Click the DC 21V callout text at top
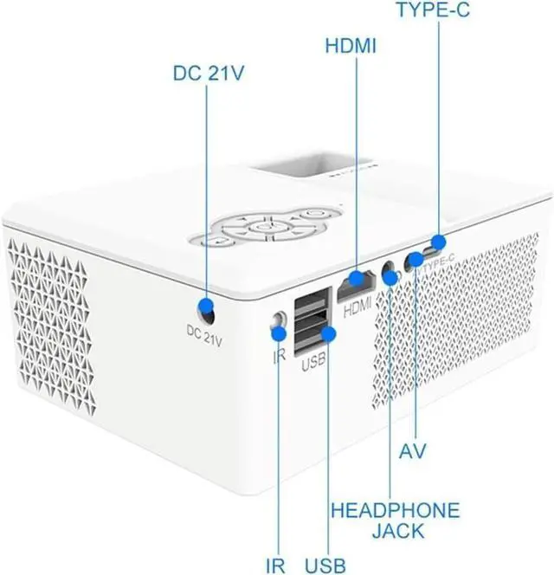(x=208, y=74)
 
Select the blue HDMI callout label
(x=351, y=44)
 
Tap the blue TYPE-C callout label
(x=439, y=11)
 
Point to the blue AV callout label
(x=416, y=451)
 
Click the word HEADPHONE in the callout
(x=395, y=509)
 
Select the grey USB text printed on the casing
(x=313, y=365)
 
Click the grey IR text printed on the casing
(x=279, y=355)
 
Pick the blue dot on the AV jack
(x=416, y=260)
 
